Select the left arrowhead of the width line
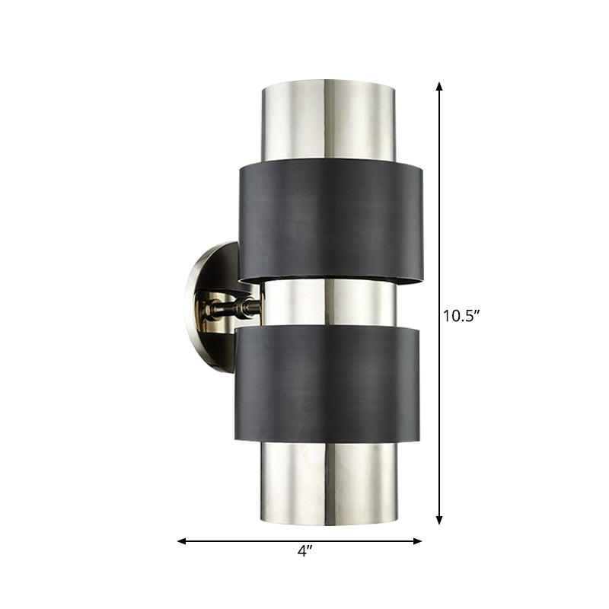click(x=182, y=541)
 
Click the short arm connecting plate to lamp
click(x=228, y=308)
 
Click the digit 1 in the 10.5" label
click(x=448, y=315)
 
